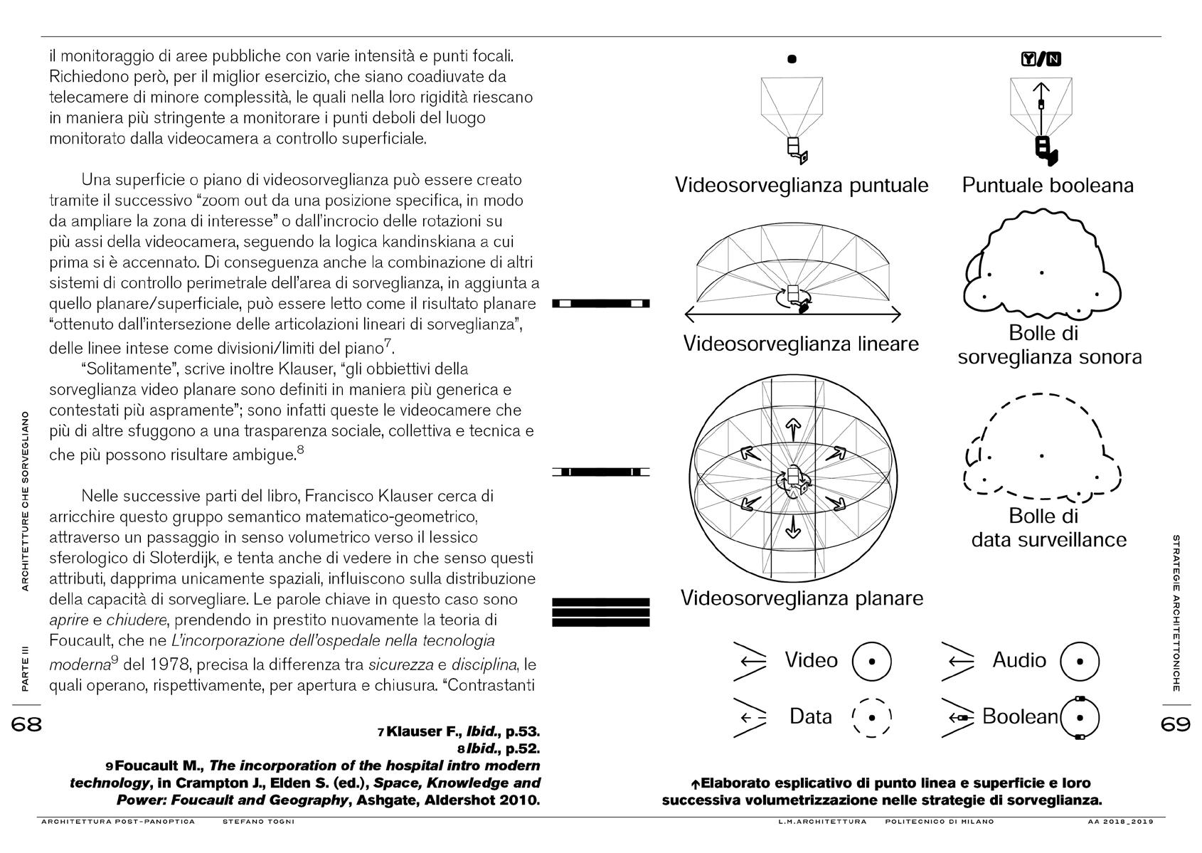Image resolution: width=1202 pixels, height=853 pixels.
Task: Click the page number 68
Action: tap(27, 724)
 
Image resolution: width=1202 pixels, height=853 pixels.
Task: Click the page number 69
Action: tap(1175, 724)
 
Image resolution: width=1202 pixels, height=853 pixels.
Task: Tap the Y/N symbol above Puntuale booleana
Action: tap(1041, 59)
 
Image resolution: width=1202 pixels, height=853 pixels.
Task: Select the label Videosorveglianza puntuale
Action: tap(802, 186)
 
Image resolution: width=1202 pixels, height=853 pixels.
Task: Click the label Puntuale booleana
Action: tap(1048, 186)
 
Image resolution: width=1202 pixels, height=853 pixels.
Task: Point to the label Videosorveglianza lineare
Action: tap(801, 344)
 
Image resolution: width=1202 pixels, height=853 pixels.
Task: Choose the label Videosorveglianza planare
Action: tap(802, 598)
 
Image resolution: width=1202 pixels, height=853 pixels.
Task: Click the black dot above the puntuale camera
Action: tap(792, 59)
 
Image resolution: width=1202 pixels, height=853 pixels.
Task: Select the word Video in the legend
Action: tap(811, 660)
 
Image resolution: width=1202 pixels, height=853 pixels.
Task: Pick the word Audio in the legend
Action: tap(1019, 660)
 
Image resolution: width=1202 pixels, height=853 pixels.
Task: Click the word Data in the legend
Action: tap(811, 716)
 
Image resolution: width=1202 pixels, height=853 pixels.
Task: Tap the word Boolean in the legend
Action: tap(1020, 716)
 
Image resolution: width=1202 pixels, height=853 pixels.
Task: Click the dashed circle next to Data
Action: tap(871, 717)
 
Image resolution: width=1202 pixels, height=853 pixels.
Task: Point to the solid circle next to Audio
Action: tap(1080, 661)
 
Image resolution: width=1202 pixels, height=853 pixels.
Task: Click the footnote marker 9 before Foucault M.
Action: tap(109, 767)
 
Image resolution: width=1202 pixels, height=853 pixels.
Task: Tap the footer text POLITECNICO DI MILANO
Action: tap(940, 822)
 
